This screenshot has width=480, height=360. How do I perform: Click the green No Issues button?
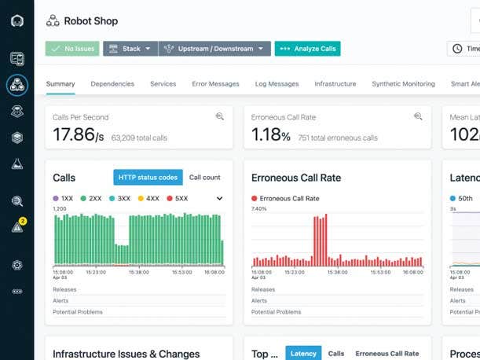pyautogui.click(x=72, y=49)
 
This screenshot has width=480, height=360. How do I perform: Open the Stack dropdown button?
pyautogui.click(x=130, y=49)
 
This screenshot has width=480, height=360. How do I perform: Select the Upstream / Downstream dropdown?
pyautogui.click(x=214, y=49)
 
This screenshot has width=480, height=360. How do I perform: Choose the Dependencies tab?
pyautogui.click(x=112, y=84)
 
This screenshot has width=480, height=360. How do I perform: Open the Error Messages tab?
pyautogui.click(x=214, y=84)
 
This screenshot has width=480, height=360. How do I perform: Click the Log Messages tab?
pyautogui.click(x=277, y=84)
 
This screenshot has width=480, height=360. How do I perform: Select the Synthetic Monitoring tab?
pyautogui.click(x=403, y=84)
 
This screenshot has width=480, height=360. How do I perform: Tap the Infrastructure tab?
pyautogui.click(x=335, y=84)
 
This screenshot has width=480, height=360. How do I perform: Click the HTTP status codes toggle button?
pyautogui.click(x=148, y=178)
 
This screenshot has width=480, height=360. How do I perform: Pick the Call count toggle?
pyautogui.click(x=205, y=178)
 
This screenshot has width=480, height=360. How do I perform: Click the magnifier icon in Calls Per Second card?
pyautogui.click(x=220, y=117)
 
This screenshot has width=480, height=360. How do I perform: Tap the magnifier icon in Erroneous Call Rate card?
pyautogui.click(x=419, y=117)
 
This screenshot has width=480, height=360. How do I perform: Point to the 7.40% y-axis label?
pyautogui.click(x=259, y=209)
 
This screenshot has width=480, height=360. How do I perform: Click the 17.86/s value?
pyautogui.click(x=78, y=135)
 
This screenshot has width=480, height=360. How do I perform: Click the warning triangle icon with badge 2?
pyautogui.click(x=17, y=227)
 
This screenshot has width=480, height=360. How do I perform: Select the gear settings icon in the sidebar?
pyautogui.click(x=17, y=265)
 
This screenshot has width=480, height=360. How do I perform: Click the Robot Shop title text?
pyautogui.click(x=91, y=20)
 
